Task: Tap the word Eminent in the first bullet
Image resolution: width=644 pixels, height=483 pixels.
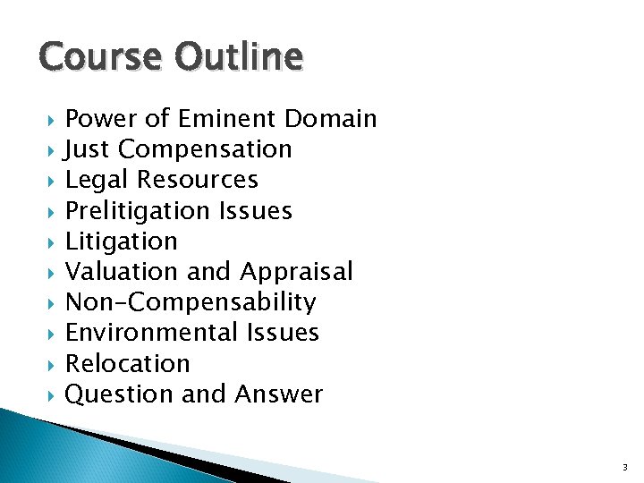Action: click(x=227, y=118)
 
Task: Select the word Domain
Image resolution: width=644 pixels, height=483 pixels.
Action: click(x=331, y=118)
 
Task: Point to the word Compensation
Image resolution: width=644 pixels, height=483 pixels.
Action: click(x=205, y=148)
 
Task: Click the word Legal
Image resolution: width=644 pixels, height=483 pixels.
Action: click(x=97, y=180)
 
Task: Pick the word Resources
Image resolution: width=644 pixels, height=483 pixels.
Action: click(x=198, y=180)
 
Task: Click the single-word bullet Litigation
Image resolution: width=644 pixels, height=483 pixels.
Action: click(x=122, y=241)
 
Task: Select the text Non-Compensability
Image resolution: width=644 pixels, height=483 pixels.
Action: click(x=191, y=302)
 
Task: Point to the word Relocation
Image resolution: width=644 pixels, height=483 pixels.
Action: click(x=128, y=364)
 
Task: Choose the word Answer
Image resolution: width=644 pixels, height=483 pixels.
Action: click(x=279, y=394)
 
